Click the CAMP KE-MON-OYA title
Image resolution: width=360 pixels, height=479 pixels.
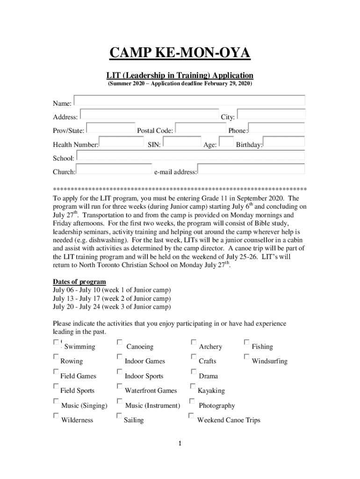pyautogui.click(x=180, y=53)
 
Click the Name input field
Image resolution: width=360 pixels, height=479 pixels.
pyautogui.click(x=189, y=100)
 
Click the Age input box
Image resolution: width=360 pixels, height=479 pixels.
pyautogui.click(x=226, y=143)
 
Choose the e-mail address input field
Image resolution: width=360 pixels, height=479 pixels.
pyautogui.click(x=251, y=169)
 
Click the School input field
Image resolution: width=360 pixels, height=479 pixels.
pyautogui.click(x=190, y=156)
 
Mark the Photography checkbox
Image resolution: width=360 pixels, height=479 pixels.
pyautogui.click(x=192, y=401)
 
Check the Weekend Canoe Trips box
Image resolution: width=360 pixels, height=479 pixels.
pyautogui.click(x=191, y=416)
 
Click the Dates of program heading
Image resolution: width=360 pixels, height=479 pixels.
pyautogui.click(x=79, y=282)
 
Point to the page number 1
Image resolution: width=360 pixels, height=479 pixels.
pyautogui.click(x=180, y=443)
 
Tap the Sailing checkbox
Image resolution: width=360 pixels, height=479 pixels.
pyautogui.click(x=119, y=416)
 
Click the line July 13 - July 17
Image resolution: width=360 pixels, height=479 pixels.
pyautogui.click(x=111, y=298)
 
